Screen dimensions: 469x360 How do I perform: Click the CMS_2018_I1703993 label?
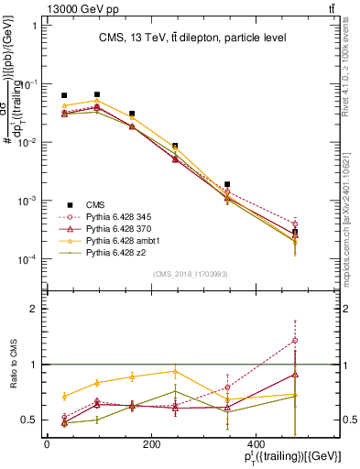point(191,274)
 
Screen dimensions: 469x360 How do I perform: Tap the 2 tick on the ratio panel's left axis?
point(33,309)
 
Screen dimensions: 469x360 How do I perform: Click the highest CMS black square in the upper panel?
point(96,94)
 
